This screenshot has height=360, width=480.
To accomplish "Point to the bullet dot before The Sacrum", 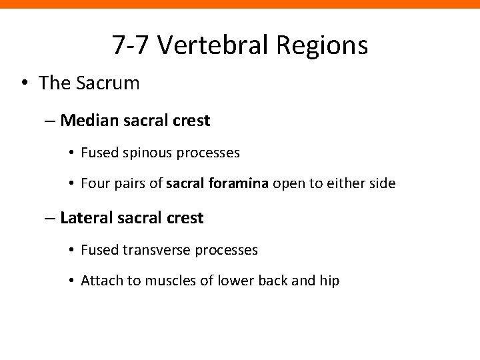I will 23,84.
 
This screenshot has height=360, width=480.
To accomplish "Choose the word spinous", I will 144,153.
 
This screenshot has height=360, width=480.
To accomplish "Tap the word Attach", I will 99,281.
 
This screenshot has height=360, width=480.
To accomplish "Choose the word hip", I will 329,281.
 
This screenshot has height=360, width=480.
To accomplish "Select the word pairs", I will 129,183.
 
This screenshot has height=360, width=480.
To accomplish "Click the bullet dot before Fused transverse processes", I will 71,250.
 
